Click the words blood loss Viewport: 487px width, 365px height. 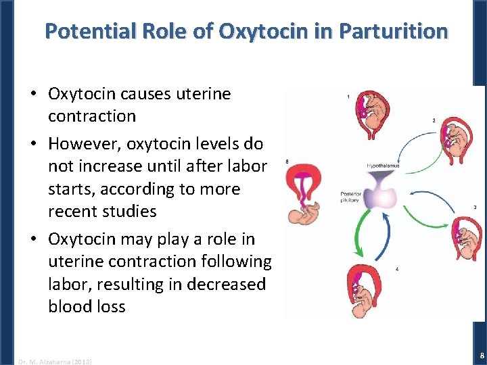coord(87,306)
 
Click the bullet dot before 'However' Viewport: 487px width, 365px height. coord(33,145)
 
